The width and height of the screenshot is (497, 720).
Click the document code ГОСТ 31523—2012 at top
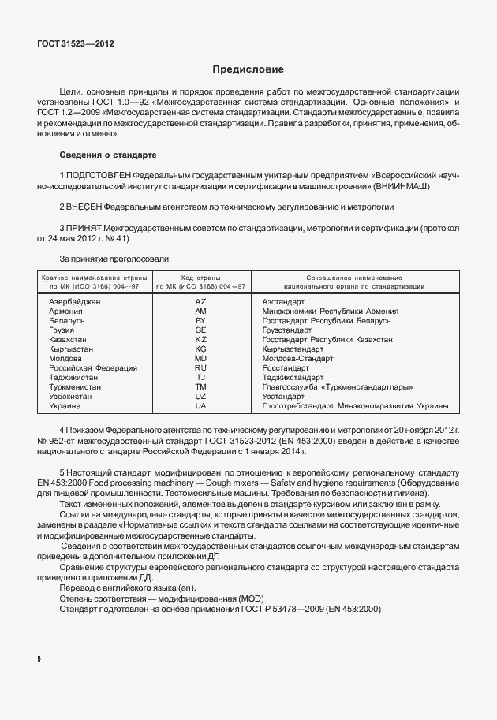(76, 44)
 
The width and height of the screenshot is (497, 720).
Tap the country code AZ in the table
(200, 302)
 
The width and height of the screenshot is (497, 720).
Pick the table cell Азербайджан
(75, 302)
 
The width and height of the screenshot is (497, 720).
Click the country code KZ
(200, 339)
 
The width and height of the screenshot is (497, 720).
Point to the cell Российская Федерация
(93, 367)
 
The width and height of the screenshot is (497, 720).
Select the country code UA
(200, 405)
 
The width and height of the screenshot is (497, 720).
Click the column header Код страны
(200, 278)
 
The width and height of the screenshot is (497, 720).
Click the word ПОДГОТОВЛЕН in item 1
(99, 173)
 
